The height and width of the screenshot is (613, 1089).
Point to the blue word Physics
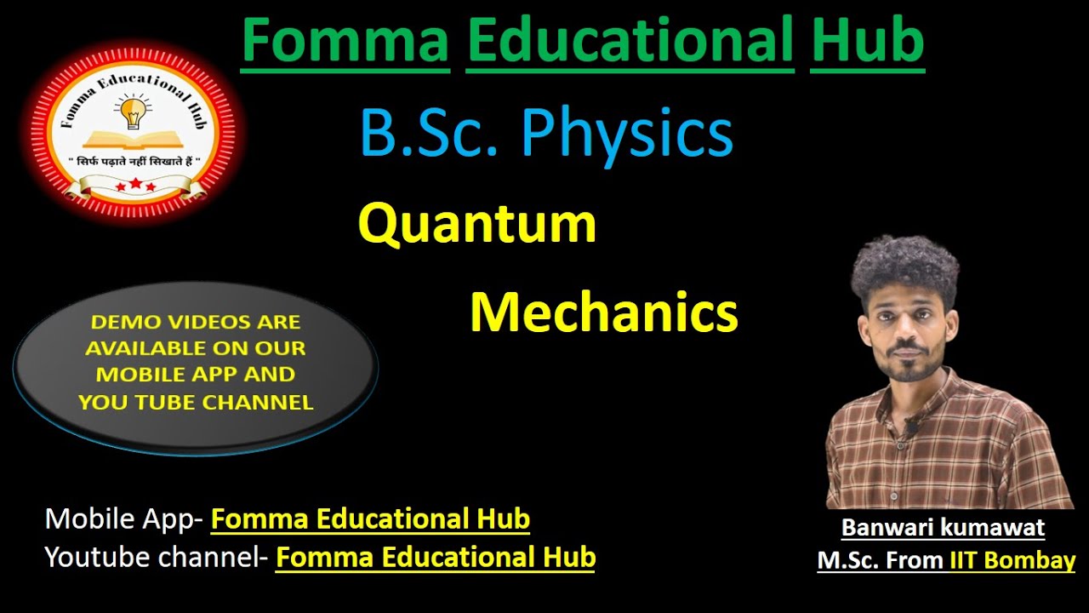(x=626, y=134)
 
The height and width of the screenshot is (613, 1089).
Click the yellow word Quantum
(x=477, y=224)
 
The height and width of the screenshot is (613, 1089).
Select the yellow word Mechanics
(x=603, y=312)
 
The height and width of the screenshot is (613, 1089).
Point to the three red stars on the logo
(x=135, y=185)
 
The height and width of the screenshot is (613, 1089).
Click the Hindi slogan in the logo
(x=132, y=161)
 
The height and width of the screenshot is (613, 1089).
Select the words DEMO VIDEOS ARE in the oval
(x=195, y=322)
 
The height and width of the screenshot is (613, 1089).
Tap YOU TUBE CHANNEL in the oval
(x=196, y=402)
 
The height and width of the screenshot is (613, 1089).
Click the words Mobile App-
(x=124, y=518)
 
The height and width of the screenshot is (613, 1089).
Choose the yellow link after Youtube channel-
(x=436, y=558)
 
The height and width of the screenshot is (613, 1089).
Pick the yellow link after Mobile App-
(x=370, y=518)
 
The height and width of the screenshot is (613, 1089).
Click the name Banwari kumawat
(x=943, y=528)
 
